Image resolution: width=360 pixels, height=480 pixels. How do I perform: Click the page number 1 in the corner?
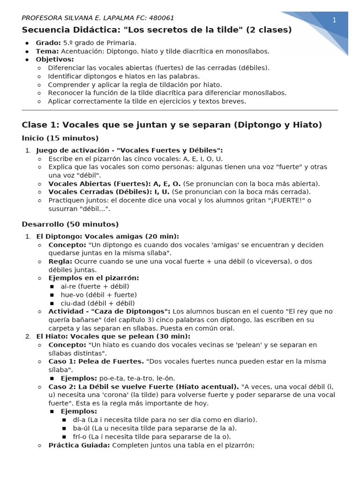point(334,20)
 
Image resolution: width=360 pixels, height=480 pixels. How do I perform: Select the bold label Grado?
point(48,43)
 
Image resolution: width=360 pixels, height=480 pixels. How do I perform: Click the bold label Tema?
point(47,51)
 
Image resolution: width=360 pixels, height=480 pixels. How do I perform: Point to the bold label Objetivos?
point(55,60)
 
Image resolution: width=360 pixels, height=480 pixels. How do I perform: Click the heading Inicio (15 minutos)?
point(60,138)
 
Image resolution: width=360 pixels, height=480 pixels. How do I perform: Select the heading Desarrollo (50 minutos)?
point(70,225)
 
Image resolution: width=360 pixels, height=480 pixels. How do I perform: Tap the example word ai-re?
point(69,286)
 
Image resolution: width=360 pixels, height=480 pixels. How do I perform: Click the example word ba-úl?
point(81,428)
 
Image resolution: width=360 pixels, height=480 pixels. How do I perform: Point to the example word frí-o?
point(81,436)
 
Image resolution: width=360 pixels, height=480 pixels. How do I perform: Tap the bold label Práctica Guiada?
point(79,445)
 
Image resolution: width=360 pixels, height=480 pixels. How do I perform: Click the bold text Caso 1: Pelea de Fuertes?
point(96,361)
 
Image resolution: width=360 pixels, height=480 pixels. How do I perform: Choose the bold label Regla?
point(60,261)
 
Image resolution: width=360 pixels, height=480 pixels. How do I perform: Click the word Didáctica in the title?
point(91,30)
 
